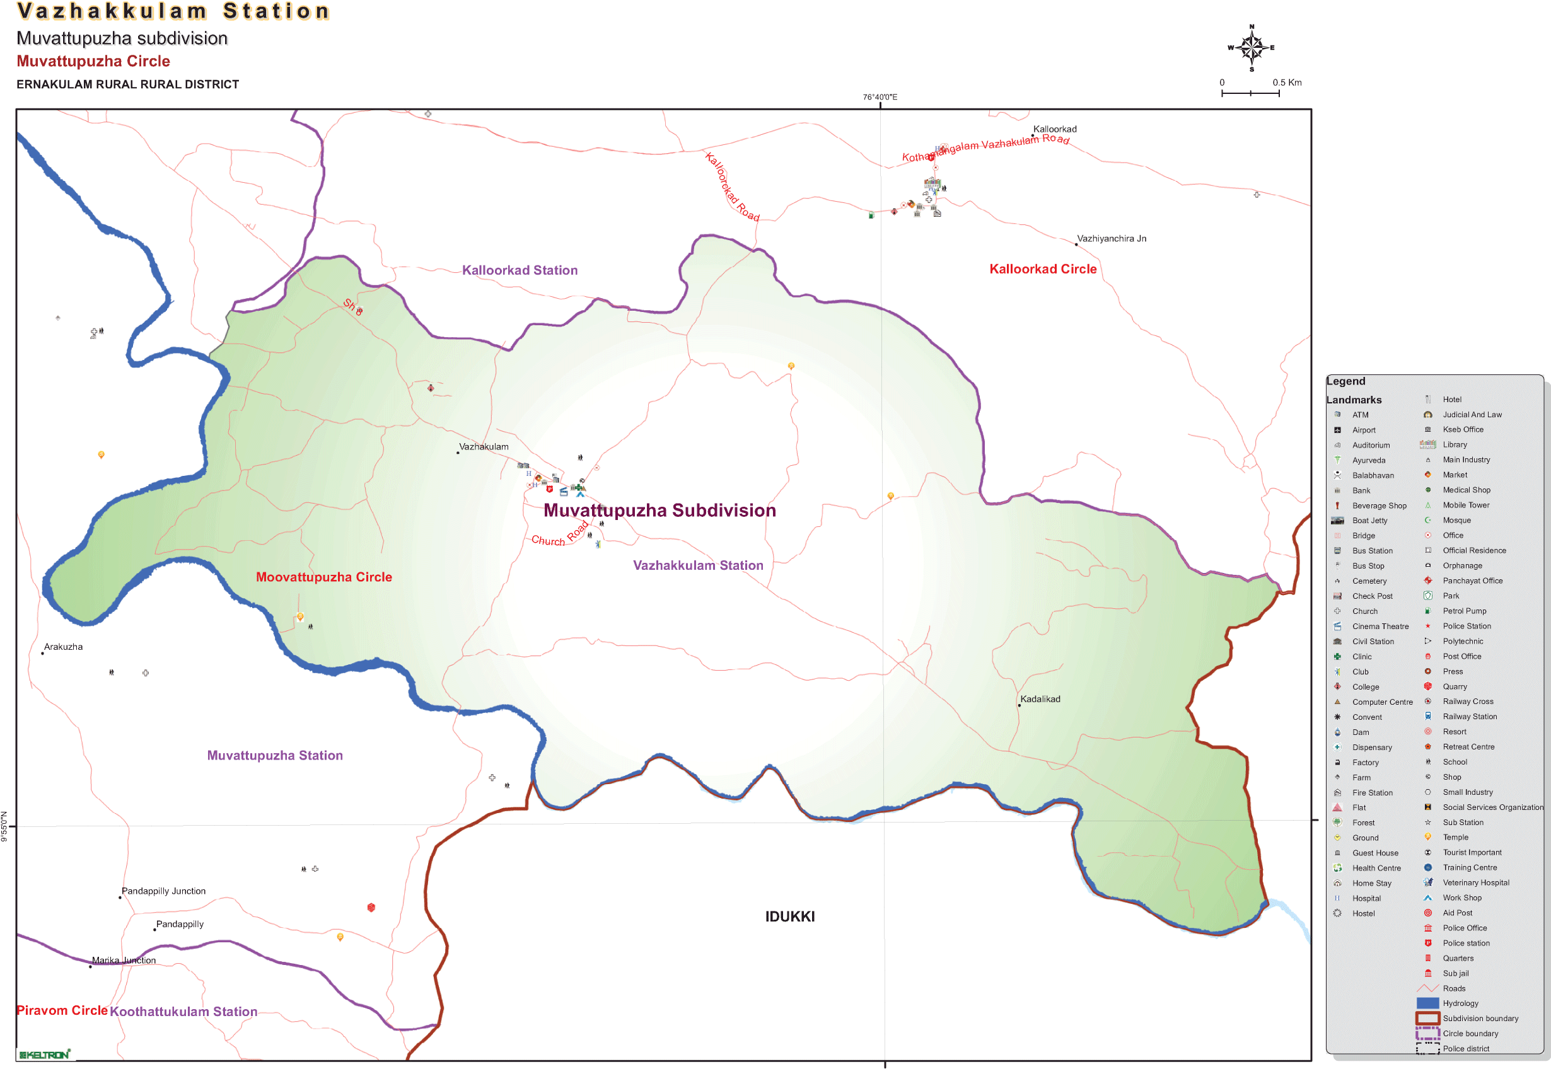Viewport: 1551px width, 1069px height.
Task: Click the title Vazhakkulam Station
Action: (173, 11)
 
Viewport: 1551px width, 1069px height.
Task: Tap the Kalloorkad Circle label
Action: (1042, 269)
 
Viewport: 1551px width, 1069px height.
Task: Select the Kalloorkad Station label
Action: (520, 270)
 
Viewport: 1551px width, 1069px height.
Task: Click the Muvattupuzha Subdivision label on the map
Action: (659, 511)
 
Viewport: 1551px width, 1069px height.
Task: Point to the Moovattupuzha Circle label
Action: (323, 577)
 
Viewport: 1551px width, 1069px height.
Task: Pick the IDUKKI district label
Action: (790, 917)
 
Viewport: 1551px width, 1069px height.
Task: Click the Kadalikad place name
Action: (1040, 699)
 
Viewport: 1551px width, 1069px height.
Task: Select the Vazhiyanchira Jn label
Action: (1111, 238)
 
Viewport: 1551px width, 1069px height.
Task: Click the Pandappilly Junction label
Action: (163, 891)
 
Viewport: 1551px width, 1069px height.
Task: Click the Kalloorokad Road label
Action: (731, 187)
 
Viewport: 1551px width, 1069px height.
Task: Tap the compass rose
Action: (1251, 47)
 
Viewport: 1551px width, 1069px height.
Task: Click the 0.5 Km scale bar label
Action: (1286, 83)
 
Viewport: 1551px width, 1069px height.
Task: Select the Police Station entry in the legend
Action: (1467, 627)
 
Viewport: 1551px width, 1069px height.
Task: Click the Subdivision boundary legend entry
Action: (1480, 1019)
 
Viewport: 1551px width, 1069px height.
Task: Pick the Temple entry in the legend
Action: (1455, 837)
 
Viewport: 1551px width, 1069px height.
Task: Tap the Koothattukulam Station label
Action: (183, 1012)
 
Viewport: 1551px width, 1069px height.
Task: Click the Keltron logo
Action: (44, 1055)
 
